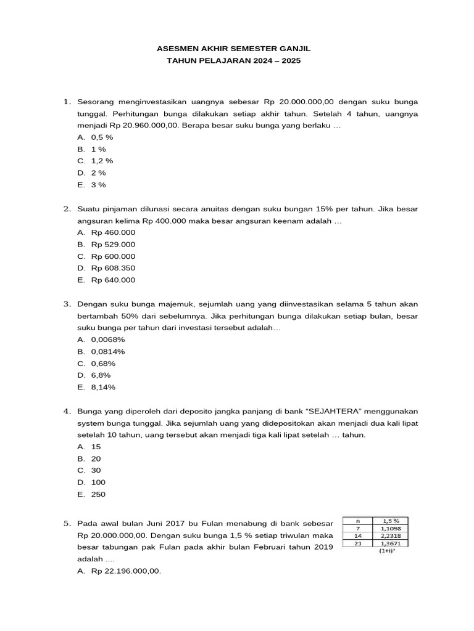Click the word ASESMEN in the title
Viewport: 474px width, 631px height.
(x=176, y=48)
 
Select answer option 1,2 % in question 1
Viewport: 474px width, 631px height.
(x=102, y=161)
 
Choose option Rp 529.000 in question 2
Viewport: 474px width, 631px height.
(x=113, y=244)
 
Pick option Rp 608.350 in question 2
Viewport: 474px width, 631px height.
(x=113, y=268)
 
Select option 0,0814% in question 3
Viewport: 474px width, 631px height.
(x=108, y=351)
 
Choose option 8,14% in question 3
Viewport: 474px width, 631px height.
(x=103, y=387)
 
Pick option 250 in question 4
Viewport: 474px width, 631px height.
(x=98, y=494)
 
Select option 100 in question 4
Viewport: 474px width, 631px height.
(x=98, y=482)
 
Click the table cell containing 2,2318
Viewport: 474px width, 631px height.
(x=390, y=535)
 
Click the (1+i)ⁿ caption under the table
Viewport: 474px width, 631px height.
(x=388, y=552)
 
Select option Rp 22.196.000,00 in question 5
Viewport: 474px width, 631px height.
(x=126, y=571)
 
